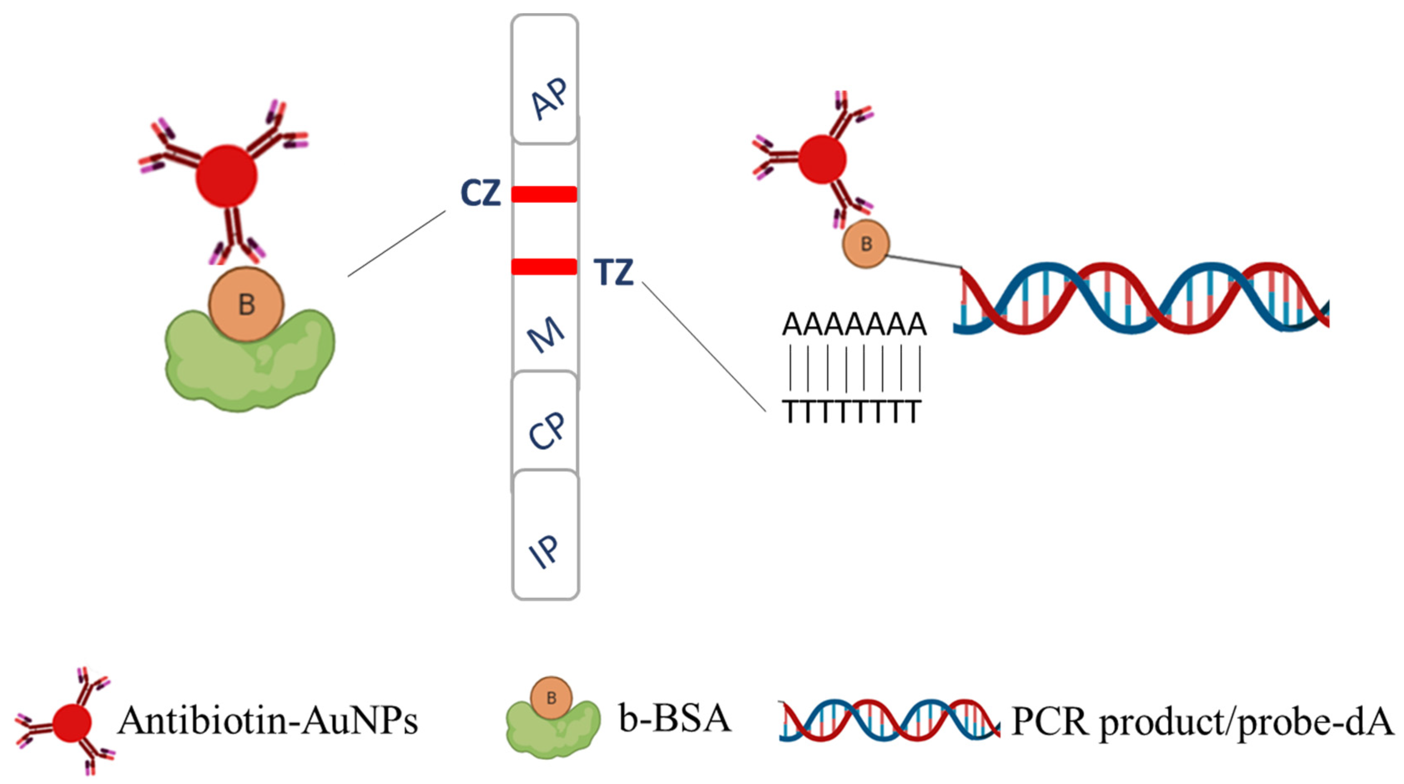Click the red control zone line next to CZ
tap(544, 194)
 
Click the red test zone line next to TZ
tap(544, 266)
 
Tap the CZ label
tap(480, 193)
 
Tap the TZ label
tap(614, 272)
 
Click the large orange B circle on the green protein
tap(246, 304)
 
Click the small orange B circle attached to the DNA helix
tap(866, 244)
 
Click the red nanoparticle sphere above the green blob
tap(226, 176)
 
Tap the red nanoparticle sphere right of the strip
tap(822, 159)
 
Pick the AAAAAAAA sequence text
tap(854, 325)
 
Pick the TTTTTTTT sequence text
tap(852, 412)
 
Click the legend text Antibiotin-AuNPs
tap(267, 720)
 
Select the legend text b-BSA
tap(675, 718)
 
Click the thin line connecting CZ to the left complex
tap(396, 244)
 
